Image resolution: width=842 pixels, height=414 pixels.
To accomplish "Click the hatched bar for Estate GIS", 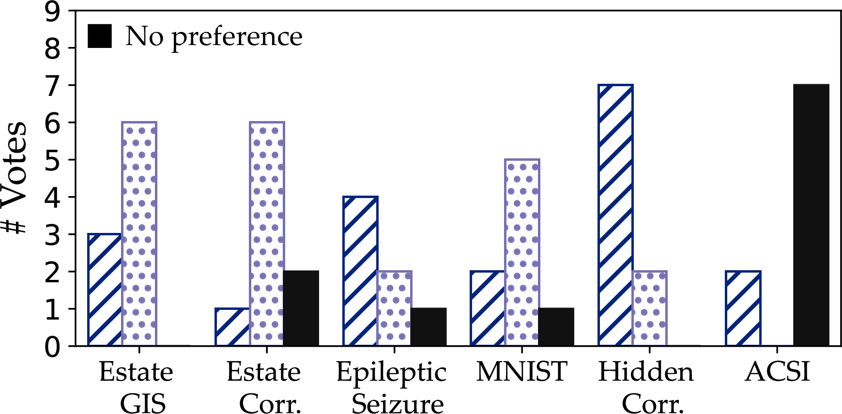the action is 105,290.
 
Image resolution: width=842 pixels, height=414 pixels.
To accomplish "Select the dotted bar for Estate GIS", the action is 139,234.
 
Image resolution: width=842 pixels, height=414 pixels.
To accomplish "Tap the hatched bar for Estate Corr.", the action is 232,327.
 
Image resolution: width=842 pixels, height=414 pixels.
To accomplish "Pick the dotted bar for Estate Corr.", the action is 267,234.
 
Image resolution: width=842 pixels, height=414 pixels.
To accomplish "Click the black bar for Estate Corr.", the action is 301,308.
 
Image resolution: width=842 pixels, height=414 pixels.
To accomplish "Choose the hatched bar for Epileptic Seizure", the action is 360,271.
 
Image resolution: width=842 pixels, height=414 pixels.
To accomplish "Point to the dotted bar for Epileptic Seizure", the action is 395,308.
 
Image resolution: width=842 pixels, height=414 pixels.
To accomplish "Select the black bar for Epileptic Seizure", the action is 429,327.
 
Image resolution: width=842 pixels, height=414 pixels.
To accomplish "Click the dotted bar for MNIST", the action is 522,252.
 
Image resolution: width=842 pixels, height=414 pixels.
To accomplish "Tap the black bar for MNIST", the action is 556,327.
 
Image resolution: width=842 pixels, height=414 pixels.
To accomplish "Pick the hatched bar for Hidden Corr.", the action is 615,215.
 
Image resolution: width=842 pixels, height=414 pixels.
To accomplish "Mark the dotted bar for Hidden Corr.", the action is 650,308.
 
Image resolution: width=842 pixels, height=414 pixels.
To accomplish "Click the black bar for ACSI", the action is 811,215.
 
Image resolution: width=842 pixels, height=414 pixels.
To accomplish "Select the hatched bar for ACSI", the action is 743,308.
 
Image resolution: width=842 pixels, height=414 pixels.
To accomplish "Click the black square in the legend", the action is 100,36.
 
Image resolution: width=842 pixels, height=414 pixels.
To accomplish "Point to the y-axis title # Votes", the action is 14,178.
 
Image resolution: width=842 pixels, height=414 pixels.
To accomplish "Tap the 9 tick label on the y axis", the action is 53,12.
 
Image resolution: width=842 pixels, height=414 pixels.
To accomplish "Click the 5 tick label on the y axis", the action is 53,160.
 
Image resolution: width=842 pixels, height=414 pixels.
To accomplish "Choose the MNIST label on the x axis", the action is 522,372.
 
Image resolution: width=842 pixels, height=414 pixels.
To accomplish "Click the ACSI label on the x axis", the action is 778,372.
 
